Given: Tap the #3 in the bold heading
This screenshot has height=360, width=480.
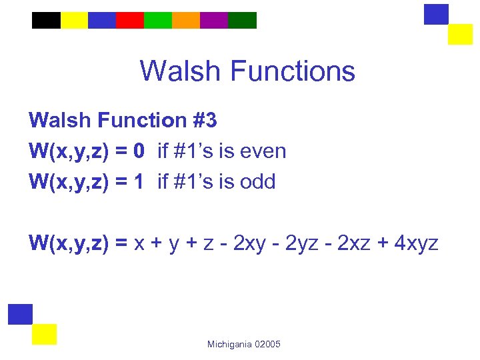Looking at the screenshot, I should point(203,121).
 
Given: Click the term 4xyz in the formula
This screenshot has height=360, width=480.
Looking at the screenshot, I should point(416,243).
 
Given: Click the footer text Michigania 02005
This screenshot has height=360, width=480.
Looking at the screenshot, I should point(243,344).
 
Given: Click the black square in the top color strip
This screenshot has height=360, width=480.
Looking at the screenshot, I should point(46,21).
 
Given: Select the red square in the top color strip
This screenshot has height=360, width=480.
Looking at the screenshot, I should point(130,21).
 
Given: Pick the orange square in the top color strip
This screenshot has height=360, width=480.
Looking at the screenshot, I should point(186,21).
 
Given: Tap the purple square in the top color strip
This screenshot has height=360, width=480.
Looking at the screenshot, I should point(214,21).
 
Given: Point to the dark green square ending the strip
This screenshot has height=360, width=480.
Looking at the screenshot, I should point(242,21).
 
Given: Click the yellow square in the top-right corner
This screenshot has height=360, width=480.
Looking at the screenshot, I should point(459,34).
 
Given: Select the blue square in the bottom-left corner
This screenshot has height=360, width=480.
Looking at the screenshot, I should point(20,314).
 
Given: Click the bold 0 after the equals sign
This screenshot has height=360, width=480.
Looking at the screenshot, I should point(139,151).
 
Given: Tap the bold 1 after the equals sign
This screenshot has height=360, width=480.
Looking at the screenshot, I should point(139,181).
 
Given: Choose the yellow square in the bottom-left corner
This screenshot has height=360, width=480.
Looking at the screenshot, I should point(44,334).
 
